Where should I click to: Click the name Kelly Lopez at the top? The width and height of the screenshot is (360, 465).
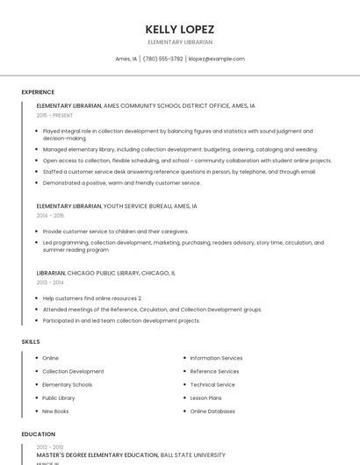180,29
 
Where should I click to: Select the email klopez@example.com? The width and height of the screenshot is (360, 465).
217,59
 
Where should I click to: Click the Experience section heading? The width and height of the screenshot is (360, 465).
38,91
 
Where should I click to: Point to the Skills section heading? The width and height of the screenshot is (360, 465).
31,340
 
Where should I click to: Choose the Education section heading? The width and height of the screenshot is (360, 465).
38,433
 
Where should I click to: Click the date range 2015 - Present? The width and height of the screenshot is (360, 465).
55,115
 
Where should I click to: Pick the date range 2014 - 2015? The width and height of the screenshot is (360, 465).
50,215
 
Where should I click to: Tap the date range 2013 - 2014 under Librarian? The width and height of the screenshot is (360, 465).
50,283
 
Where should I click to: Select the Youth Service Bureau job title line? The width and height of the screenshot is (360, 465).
117,206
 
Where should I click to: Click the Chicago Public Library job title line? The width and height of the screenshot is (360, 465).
105,273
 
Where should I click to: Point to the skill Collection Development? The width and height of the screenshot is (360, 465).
73,371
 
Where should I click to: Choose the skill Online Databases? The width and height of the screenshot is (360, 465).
212,411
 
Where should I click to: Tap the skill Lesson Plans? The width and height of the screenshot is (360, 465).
207,397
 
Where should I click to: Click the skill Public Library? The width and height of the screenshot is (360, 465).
59,397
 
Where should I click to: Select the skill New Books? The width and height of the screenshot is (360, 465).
55,411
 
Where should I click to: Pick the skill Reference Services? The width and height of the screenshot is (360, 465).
214,371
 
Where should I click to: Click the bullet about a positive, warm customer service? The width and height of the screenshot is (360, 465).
121,182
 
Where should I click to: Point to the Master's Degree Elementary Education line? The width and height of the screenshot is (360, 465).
131,455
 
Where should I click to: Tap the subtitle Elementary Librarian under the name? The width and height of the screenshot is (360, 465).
180,42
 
